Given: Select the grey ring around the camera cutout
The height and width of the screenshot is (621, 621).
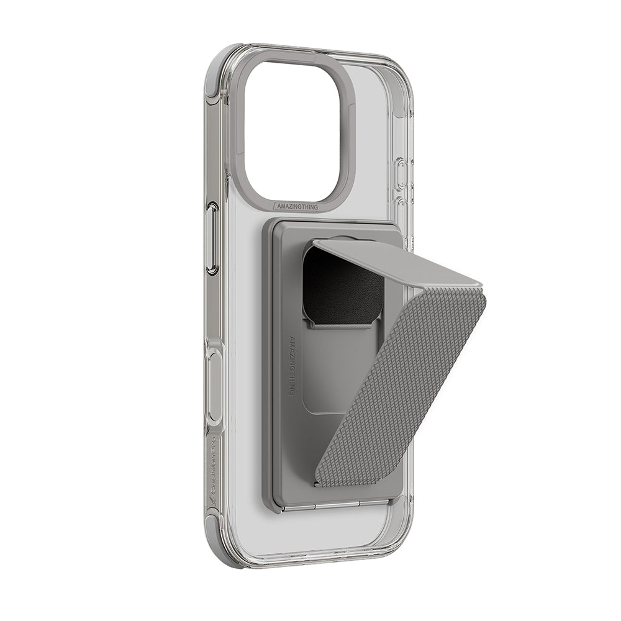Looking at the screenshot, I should pos(238,124).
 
